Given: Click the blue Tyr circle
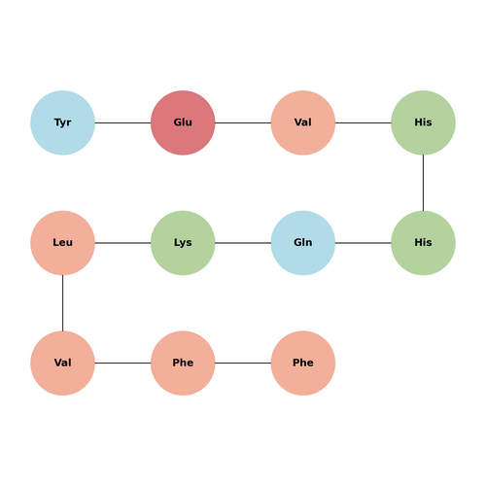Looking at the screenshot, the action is [62, 122].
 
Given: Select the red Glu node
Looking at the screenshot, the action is [183, 122].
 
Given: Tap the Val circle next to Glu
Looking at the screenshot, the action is [303, 122].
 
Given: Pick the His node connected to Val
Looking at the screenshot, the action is [423, 122].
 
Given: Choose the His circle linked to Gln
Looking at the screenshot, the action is [423, 243].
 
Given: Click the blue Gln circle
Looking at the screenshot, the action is [303, 243].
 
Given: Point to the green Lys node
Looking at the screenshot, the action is [183, 243].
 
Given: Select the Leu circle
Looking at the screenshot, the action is [62, 243].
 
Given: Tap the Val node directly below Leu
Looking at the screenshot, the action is [62, 363].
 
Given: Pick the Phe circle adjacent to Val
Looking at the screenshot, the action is [183, 363].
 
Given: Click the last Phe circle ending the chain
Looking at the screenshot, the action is [303, 363].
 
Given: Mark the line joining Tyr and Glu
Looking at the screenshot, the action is [122, 122].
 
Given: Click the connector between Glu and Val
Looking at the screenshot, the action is [243, 122].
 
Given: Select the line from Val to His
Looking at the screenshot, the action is [363, 122].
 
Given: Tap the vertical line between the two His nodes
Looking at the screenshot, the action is [423, 183].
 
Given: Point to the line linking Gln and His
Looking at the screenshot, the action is [363, 243].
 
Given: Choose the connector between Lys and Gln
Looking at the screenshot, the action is [243, 243].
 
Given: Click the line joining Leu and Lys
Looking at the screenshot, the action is [122, 243].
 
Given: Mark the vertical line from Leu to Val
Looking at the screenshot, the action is [62, 303].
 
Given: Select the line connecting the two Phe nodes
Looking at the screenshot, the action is [243, 363].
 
